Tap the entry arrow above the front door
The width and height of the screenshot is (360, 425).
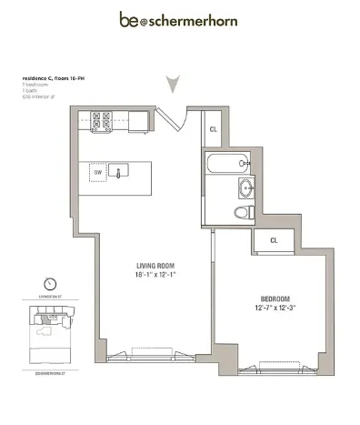(x=173, y=85)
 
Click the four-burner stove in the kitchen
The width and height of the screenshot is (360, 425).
(x=100, y=120)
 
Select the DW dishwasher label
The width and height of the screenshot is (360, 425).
(x=99, y=171)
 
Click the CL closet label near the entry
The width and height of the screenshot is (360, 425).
(x=214, y=129)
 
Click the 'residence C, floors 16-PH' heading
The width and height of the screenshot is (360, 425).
(x=54, y=79)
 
